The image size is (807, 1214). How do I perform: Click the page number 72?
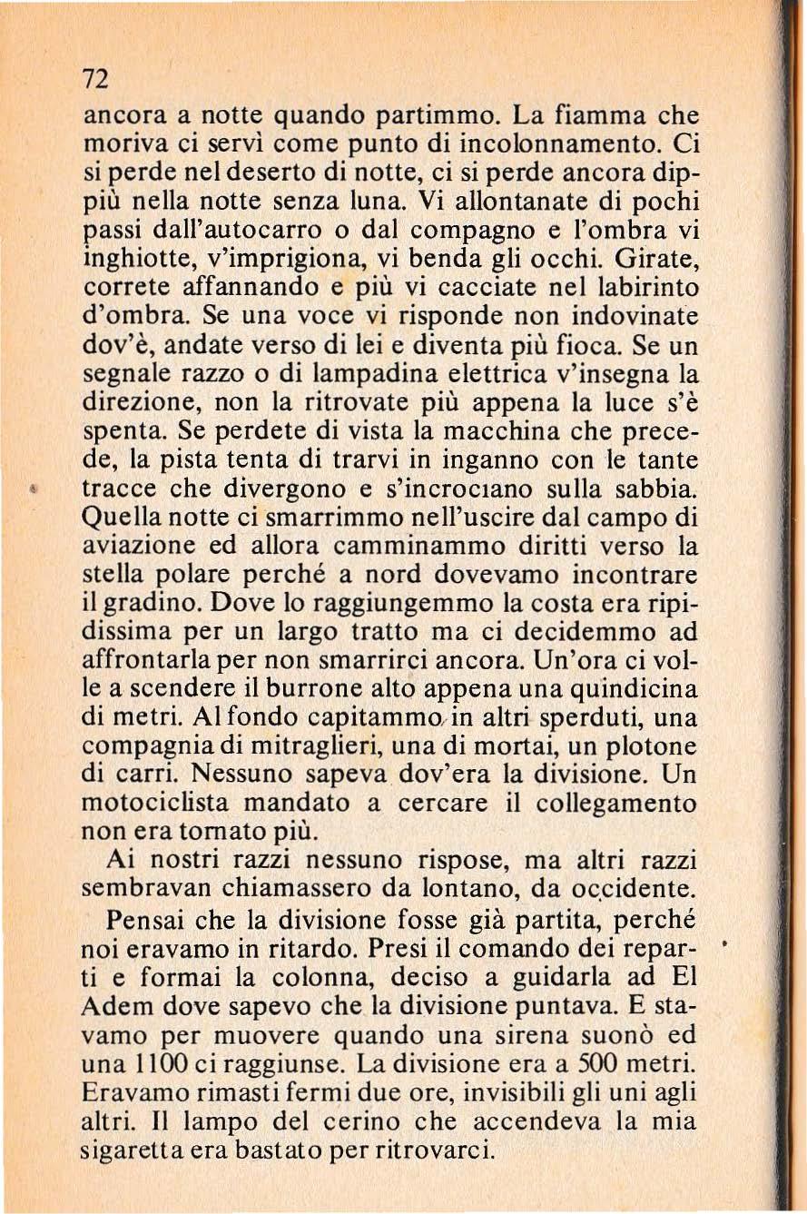coord(95,80)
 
